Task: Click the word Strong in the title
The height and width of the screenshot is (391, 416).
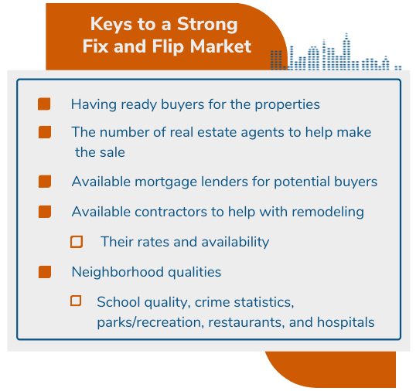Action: tap(207, 25)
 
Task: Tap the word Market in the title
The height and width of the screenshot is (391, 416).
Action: tap(220, 46)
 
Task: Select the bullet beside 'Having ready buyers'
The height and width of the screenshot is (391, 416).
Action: tap(44, 104)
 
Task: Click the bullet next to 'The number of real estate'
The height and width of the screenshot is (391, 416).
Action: tap(45, 132)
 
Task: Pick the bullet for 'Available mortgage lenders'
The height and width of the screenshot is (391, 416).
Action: tap(45, 182)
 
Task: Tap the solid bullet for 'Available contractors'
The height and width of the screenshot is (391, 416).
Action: tap(45, 212)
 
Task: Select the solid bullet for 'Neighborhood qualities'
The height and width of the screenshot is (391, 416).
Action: tap(45, 272)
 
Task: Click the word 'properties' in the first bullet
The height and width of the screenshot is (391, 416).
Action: tap(288, 105)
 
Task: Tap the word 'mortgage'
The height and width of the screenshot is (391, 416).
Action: tap(165, 182)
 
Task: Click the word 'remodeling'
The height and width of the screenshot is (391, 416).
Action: tap(328, 212)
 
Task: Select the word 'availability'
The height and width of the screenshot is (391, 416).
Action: tap(235, 243)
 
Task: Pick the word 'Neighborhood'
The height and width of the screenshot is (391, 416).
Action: tap(118, 272)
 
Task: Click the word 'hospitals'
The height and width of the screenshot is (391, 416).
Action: tap(346, 323)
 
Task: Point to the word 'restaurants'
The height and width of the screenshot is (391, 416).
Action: tap(246, 323)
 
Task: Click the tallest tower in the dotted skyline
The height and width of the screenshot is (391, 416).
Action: tap(346, 52)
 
